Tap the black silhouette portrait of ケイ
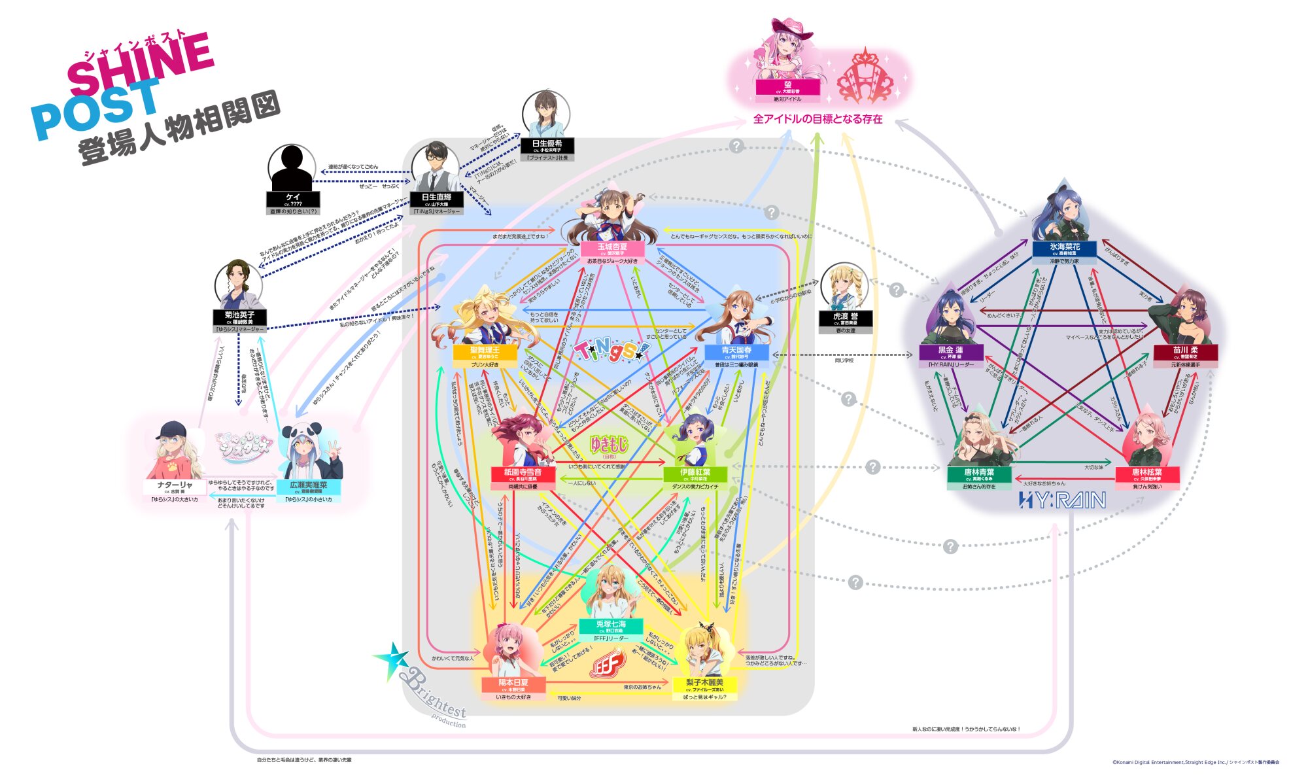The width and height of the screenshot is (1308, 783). (292, 168)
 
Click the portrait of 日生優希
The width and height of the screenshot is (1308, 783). (546, 114)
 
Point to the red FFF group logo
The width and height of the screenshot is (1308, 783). (608, 664)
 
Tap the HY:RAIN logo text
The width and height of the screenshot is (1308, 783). (1062, 500)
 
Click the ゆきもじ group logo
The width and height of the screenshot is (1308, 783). (609, 445)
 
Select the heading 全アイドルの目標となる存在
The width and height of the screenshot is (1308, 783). (817, 119)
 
